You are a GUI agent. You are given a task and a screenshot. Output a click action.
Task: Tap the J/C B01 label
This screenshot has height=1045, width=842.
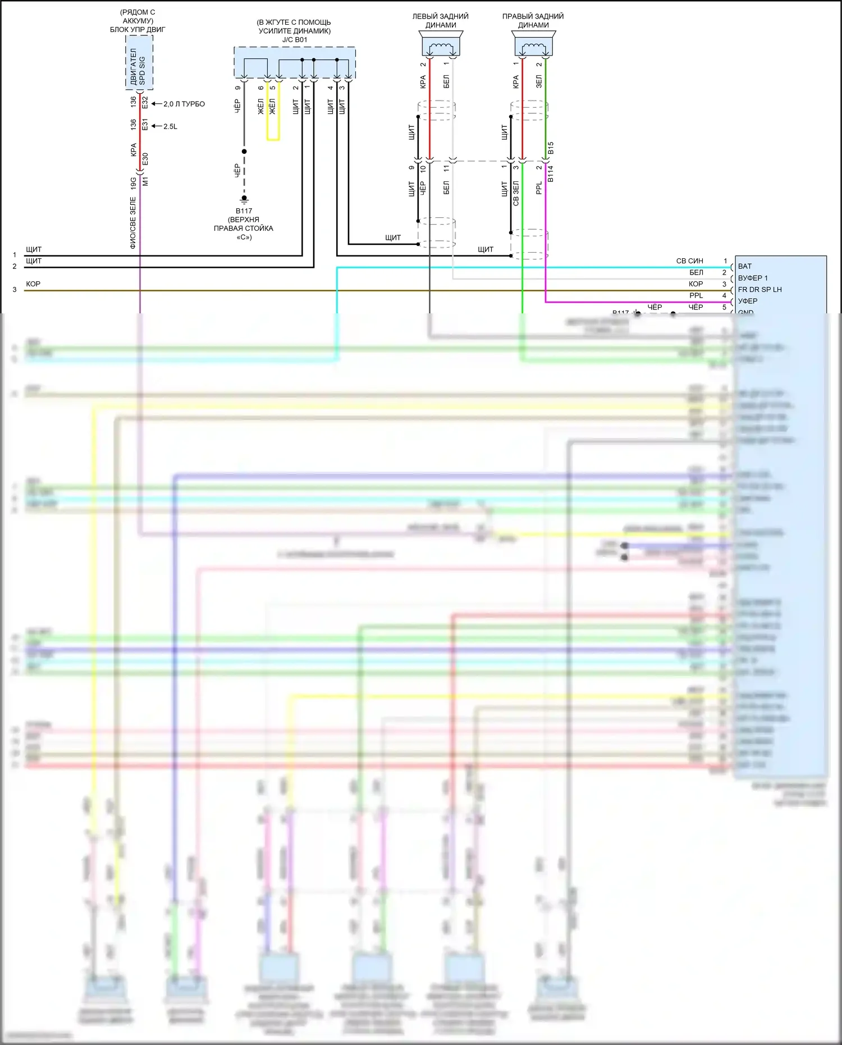pyautogui.click(x=295, y=40)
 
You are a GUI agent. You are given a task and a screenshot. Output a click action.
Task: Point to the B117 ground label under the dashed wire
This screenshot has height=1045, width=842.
pyautogui.click(x=244, y=211)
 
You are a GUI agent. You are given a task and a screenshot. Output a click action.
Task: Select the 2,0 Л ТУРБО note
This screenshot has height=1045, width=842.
pyautogui.click(x=184, y=104)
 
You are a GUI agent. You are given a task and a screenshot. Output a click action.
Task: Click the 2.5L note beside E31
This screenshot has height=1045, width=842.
pyautogui.click(x=170, y=126)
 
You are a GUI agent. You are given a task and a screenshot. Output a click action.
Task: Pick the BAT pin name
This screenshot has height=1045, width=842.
pyautogui.click(x=745, y=266)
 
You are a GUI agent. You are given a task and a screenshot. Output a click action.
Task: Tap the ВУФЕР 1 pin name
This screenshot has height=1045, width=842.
pyautogui.click(x=753, y=278)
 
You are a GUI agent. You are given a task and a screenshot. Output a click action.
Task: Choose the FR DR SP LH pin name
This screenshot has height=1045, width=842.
pyautogui.click(x=759, y=290)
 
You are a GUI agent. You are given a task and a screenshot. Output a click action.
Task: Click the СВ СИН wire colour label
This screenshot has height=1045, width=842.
pyautogui.click(x=689, y=261)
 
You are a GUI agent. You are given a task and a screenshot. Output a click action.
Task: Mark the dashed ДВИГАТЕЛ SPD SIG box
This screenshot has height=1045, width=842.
pyautogui.click(x=139, y=62)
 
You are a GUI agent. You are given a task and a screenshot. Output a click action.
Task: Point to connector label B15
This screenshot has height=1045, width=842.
pyautogui.click(x=551, y=148)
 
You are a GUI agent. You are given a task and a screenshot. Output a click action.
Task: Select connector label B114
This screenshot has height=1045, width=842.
pyautogui.click(x=551, y=174)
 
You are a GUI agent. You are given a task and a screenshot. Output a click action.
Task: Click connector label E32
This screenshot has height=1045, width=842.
pyautogui.click(x=145, y=103)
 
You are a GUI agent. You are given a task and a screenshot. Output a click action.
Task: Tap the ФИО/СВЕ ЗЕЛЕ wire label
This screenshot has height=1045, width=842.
pyautogui.click(x=133, y=222)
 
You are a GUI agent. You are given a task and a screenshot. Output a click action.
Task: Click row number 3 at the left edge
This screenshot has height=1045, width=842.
pyautogui.click(x=15, y=290)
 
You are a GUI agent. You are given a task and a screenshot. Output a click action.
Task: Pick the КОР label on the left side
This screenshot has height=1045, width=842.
pyautogui.click(x=33, y=284)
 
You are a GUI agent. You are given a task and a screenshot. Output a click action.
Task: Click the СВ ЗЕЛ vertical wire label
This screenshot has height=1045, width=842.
pyautogui.click(x=516, y=193)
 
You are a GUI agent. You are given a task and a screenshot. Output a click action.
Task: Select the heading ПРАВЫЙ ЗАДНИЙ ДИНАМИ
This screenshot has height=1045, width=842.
pyautogui.click(x=533, y=21)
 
